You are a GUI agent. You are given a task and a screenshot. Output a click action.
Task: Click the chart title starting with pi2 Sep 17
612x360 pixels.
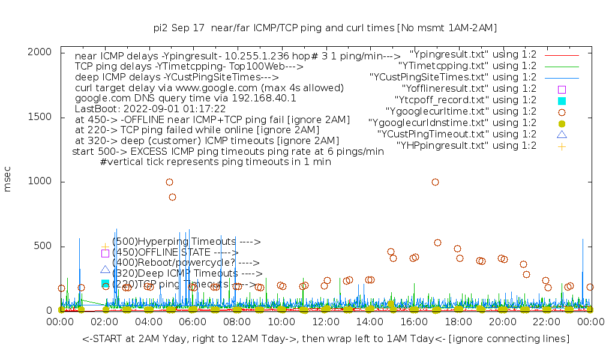tap(325, 28)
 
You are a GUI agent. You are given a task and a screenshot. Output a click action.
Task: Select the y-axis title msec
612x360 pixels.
tap(8, 181)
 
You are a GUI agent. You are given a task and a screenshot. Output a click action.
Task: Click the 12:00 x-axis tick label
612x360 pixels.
tap(325, 323)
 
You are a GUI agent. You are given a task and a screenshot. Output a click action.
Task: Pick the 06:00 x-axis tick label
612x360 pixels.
tap(193, 323)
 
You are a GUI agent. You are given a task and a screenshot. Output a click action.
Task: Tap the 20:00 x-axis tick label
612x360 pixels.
tap(502, 323)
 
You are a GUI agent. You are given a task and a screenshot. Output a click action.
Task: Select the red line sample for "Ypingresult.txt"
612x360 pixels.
tap(562, 55)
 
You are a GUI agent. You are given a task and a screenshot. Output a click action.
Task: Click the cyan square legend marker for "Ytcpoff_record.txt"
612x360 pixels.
tap(562, 100)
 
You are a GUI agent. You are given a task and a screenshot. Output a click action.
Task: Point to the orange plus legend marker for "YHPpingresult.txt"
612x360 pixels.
tap(562, 146)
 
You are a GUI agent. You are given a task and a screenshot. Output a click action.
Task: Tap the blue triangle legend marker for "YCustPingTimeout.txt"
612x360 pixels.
tap(562, 134)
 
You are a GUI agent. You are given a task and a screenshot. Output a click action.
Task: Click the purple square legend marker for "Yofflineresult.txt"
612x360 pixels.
tap(562, 89)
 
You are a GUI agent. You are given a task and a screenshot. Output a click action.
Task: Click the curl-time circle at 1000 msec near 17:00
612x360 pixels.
tap(435, 182)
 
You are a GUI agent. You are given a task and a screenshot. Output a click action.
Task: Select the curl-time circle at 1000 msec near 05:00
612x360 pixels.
tap(170, 182)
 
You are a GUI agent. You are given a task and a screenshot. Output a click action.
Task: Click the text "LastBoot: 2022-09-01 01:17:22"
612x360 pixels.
tap(150, 109)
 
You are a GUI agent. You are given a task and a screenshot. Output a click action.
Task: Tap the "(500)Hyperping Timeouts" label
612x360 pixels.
tap(186, 242)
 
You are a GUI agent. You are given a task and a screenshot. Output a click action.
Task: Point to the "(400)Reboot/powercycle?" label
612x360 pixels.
tap(185, 263)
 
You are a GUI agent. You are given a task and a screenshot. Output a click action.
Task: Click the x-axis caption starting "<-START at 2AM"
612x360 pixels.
tap(325, 339)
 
